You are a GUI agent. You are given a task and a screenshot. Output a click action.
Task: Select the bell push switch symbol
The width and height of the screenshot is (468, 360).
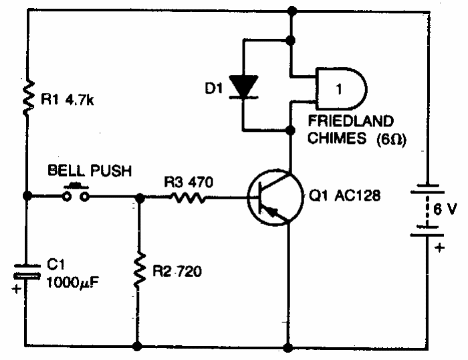coord(75,195)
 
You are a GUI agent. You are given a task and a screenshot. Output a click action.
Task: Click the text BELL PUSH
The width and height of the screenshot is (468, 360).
coord(89,171)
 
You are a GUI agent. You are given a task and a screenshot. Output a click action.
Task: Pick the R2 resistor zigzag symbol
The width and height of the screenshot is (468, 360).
coord(138,271)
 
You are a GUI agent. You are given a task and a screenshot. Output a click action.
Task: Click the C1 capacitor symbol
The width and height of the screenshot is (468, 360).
coord(26,273)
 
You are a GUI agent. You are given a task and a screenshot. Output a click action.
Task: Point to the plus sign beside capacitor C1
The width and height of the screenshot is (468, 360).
coord(16,290)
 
